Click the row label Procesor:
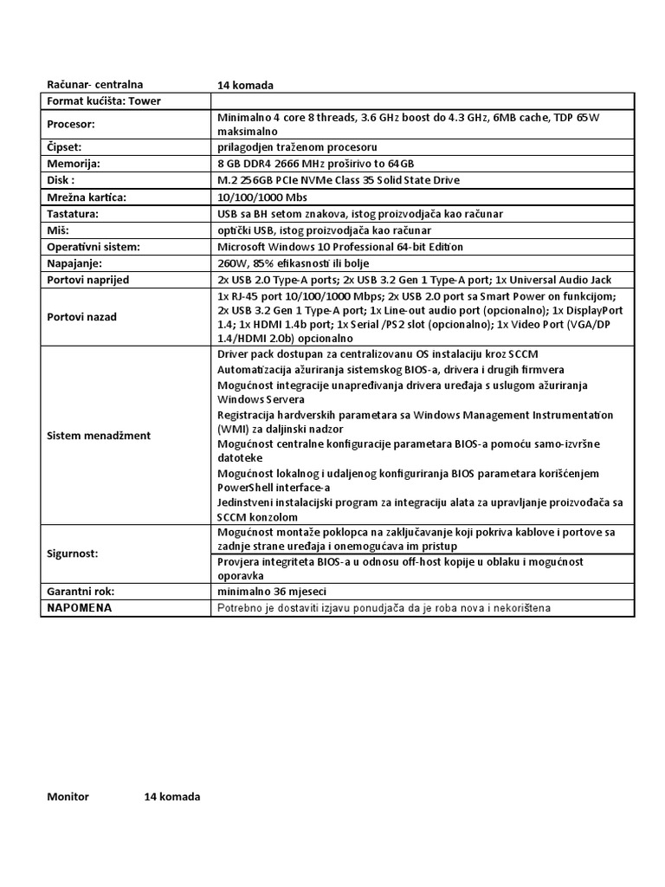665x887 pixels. (71, 124)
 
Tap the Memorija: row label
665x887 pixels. (74, 164)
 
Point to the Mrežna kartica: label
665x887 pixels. (87, 197)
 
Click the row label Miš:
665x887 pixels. (58, 230)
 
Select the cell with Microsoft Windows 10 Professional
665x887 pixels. (340, 247)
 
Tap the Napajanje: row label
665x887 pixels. (75, 263)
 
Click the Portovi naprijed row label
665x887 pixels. (88, 280)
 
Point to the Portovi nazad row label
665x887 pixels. (81, 317)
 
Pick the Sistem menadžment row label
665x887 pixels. (98, 436)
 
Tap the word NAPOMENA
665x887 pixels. (80, 608)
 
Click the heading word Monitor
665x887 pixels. (68, 797)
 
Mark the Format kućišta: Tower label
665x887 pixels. (103, 101)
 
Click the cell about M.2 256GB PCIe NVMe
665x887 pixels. (339, 180)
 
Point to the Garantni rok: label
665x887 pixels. (81, 592)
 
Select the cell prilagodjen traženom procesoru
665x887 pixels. (297, 147)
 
